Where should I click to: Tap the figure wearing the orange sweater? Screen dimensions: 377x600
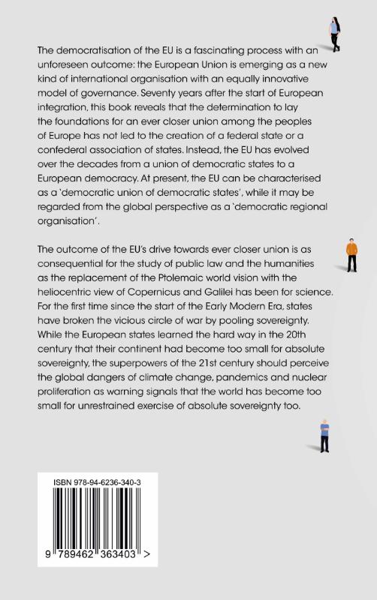[351, 255]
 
